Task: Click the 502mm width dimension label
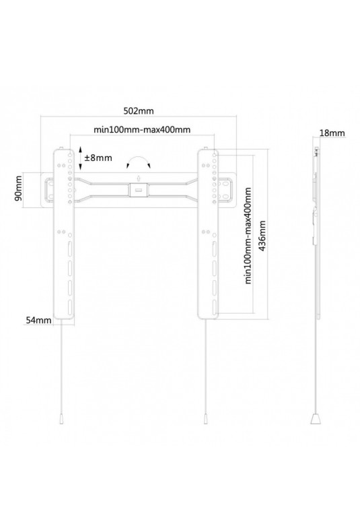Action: click(x=139, y=111)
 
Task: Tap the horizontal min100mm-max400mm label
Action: click(x=142, y=129)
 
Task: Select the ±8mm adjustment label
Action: click(x=98, y=158)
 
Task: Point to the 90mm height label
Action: click(x=18, y=191)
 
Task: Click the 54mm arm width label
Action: click(x=39, y=320)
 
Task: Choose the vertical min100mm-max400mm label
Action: click(x=248, y=236)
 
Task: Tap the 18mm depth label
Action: click(x=332, y=133)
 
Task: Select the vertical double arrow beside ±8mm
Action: click(x=80, y=158)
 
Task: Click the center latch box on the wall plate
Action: click(x=139, y=190)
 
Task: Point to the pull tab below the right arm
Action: click(x=205, y=420)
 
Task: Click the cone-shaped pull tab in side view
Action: click(x=316, y=419)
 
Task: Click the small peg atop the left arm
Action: click(x=61, y=149)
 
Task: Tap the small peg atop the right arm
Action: click(x=206, y=149)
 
